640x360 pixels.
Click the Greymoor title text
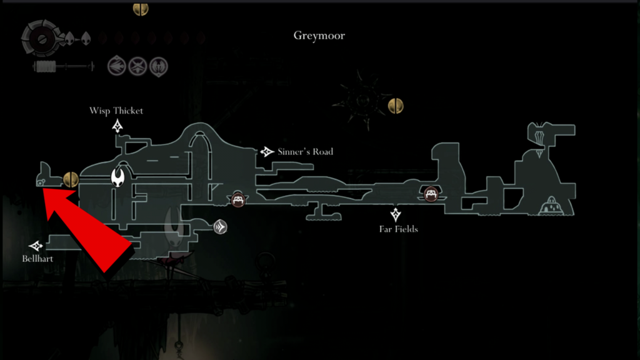point(319,36)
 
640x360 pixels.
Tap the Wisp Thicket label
point(116,111)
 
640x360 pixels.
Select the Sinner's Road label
point(305,152)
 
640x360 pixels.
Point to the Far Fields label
point(398,229)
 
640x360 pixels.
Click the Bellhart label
point(37,259)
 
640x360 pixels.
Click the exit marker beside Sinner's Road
point(267,152)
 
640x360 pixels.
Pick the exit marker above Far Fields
point(396,214)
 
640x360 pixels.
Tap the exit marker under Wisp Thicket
point(117,126)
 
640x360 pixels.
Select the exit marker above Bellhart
point(36,246)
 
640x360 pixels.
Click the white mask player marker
point(118,177)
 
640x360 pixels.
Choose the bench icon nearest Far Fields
point(431,194)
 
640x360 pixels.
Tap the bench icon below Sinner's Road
point(238,199)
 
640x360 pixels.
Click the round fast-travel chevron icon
point(221,227)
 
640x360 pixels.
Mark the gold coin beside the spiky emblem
point(396,106)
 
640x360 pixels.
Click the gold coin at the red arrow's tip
point(71,179)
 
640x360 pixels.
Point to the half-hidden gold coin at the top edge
point(141,9)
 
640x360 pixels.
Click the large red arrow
point(87,229)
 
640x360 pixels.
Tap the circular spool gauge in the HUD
point(41,39)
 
